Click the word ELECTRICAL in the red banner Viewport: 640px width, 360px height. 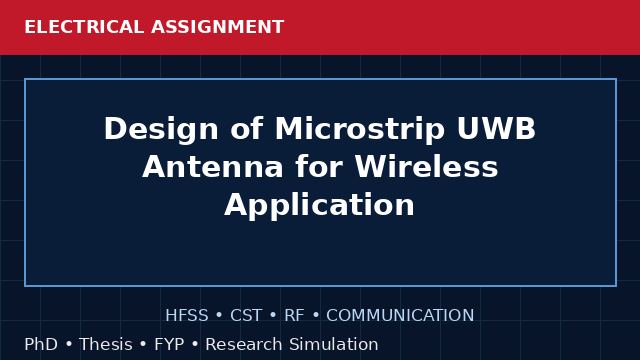(x=84, y=27)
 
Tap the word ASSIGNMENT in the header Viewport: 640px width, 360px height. (x=218, y=27)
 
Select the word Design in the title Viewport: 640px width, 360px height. (x=161, y=130)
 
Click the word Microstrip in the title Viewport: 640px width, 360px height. (x=360, y=129)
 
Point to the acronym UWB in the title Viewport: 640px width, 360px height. (x=496, y=129)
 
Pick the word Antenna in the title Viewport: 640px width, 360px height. (x=213, y=167)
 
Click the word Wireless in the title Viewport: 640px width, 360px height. (x=426, y=167)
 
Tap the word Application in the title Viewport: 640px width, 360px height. (x=320, y=205)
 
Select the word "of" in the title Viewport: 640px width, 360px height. (x=247, y=129)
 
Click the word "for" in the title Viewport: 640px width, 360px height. (x=319, y=167)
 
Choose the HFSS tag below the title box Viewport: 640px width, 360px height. (x=187, y=316)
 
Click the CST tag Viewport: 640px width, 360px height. (x=246, y=316)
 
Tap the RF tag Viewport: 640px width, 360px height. (x=294, y=316)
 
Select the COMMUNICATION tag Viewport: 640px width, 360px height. (x=400, y=316)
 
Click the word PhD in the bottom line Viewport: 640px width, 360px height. (x=41, y=344)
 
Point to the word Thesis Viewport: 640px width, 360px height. (x=106, y=344)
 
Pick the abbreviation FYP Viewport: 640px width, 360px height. (x=169, y=344)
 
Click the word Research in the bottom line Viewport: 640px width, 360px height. (x=243, y=344)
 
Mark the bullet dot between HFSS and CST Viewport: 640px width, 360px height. (x=219, y=316)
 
